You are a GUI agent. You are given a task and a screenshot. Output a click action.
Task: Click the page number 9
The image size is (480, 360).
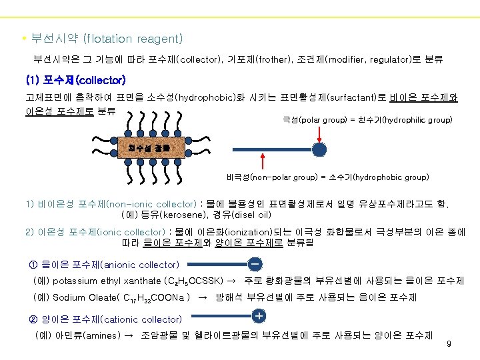click(x=449, y=344)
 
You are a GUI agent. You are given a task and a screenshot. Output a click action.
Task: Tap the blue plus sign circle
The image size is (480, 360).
click(x=258, y=314)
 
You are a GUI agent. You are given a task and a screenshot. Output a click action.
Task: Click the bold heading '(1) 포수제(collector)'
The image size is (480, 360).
click(x=75, y=81)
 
